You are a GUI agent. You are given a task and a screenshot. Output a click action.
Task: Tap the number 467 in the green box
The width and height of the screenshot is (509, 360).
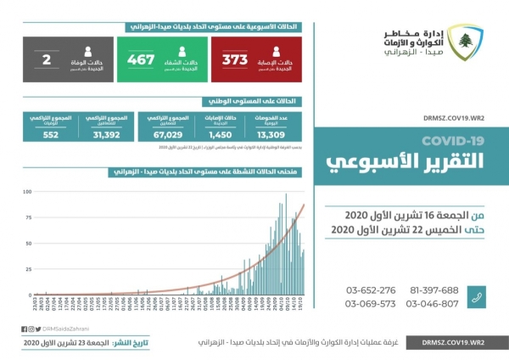[140, 59]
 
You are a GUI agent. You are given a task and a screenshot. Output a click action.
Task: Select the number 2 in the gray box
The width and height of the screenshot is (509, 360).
[46, 59]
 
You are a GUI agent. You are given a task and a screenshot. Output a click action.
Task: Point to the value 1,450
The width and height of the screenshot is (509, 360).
[219, 133]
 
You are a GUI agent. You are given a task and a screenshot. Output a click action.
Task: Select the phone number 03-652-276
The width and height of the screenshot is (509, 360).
[371, 290]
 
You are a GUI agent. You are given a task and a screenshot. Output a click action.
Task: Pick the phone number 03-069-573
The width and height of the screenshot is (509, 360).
[371, 304]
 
